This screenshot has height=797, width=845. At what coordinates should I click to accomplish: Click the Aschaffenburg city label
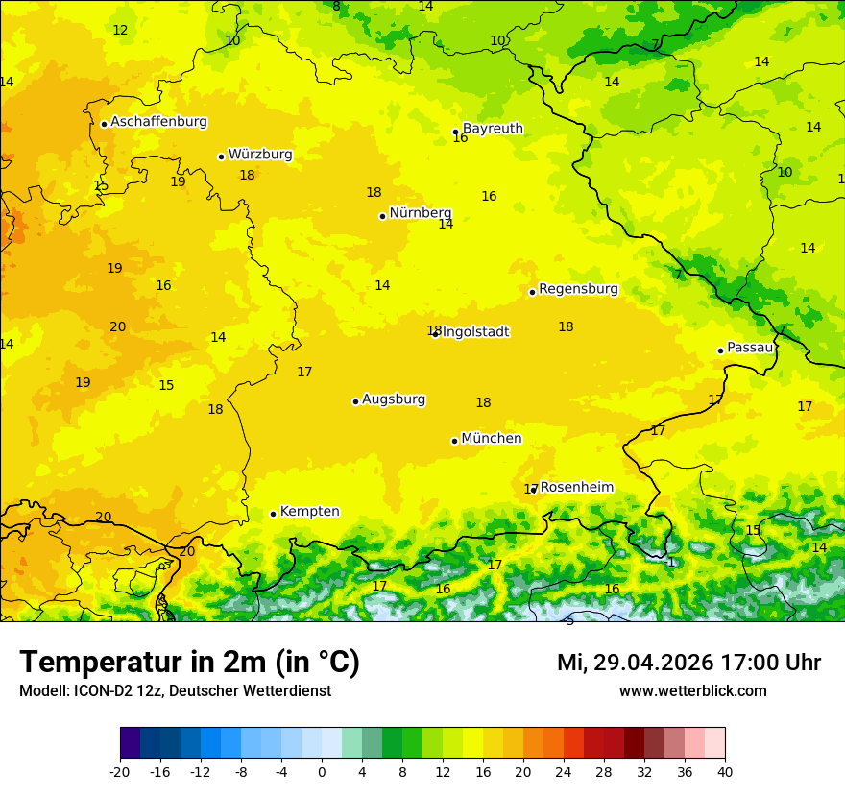(158, 122)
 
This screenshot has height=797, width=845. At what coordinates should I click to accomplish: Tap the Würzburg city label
(260, 155)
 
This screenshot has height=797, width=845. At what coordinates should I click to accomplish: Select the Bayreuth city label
(493, 129)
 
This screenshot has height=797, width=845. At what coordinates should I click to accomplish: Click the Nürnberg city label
(420, 213)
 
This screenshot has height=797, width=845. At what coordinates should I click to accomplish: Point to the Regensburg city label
(578, 289)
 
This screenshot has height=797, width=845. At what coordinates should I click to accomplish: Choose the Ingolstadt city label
(475, 332)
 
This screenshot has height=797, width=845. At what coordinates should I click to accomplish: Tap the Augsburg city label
(394, 399)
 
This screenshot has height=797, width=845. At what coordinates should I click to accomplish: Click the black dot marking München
(454, 441)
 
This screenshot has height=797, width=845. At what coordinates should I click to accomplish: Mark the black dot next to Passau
(720, 350)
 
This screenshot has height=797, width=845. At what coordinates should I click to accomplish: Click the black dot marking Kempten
(273, 514)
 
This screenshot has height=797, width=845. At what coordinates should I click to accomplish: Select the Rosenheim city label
(576, 488)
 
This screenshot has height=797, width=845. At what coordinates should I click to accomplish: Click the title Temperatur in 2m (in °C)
(189, 663)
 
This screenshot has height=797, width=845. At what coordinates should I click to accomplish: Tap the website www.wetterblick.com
(692, 691)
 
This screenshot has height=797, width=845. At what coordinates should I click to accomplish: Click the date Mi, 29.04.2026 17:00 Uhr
(688, 663)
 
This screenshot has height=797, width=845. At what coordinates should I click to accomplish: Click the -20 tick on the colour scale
(120, 771)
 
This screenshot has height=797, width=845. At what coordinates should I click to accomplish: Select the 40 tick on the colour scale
(725, 771)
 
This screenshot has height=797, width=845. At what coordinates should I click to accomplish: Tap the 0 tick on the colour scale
(322, 771)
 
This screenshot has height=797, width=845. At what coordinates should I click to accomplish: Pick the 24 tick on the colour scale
(564, 771)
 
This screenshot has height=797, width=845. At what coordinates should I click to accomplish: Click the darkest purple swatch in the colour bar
(130, 743)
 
